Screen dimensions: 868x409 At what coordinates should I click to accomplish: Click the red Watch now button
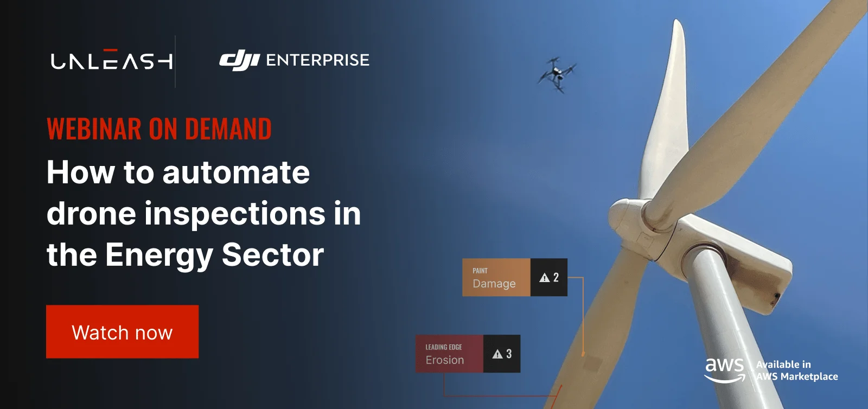pyautogui.click(x=123, y=331)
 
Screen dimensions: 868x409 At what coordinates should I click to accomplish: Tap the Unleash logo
pyautogui.click(x=112, y=59)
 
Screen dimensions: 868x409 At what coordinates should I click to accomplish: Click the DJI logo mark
pyautogui.click(x=239, y=60)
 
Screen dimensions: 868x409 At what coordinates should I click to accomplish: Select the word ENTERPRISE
pyautogui.click(x=318, y=60)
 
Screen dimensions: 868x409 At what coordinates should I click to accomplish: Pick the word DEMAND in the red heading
pyautogui.click(x=228, y=129)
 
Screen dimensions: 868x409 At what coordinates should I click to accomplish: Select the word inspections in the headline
pyautogui.click(x=235, y=214)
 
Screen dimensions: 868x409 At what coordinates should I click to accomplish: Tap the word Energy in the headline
pyautogui.click(x=159, y=255)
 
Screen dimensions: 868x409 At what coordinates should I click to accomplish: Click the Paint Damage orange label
pyautogui.click(x=496, y=277)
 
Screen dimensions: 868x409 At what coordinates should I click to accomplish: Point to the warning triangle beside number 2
pyautogui.click(x=545, y=278)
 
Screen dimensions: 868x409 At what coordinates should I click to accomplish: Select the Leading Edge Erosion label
pyautogui.click(x=450, y=354)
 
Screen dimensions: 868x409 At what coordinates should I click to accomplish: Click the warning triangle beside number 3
pyautogui.click(x=497, y=354)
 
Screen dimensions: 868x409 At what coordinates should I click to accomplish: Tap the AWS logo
pyautogui.click(x=725, y=370)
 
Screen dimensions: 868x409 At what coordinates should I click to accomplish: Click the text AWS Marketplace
pyautogui.click(x=797, y=376)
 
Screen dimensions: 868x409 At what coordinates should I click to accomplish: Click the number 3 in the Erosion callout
pyautogui.click(x=509, y=354)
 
